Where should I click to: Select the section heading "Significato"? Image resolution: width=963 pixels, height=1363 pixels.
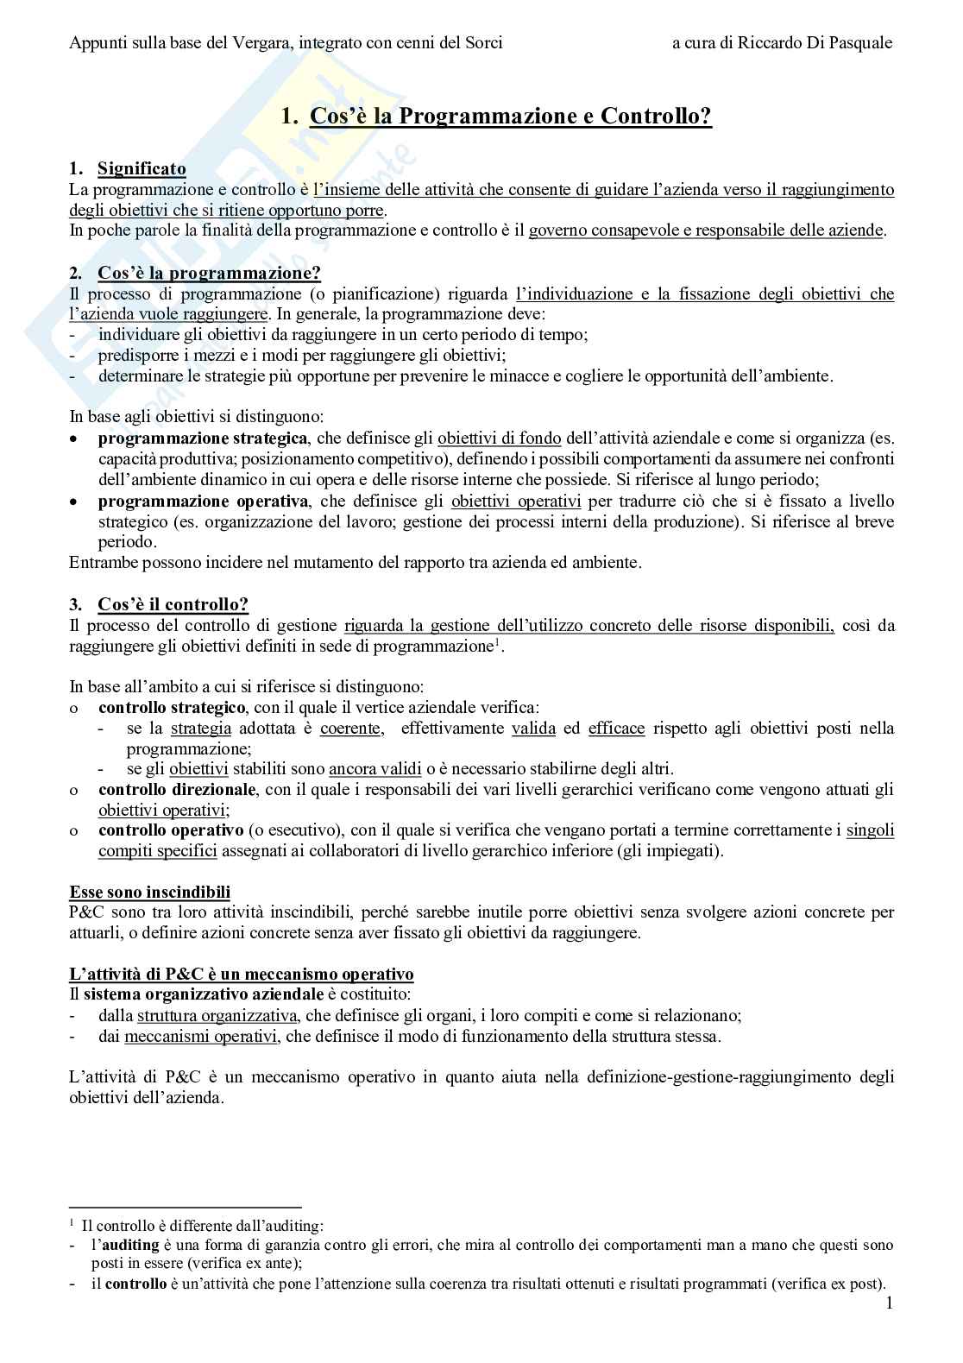[142, 168]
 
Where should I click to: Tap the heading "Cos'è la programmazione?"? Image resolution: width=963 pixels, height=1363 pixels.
[209, 274]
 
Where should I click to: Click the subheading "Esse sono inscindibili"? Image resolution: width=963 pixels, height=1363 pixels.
[149, 892]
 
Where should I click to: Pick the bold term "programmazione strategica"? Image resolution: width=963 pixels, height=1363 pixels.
[202, 439]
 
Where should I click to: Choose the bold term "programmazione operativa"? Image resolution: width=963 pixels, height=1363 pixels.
[203, 502]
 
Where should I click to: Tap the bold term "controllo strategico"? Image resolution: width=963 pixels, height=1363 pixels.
[172, 708]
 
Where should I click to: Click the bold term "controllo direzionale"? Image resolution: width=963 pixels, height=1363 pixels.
[177, 789]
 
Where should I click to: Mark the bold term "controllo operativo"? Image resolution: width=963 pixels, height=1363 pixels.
[171, 830]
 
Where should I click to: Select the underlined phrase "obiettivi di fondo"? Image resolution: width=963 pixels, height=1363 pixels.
[499, 439]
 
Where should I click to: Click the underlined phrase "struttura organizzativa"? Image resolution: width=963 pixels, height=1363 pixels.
[217, 1016]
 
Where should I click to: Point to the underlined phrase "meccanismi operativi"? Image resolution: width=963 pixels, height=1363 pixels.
[200, 1037]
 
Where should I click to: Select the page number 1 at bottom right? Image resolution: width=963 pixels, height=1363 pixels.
[889, 1303]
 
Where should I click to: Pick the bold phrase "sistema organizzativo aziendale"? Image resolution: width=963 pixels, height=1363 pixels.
[204, 995]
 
